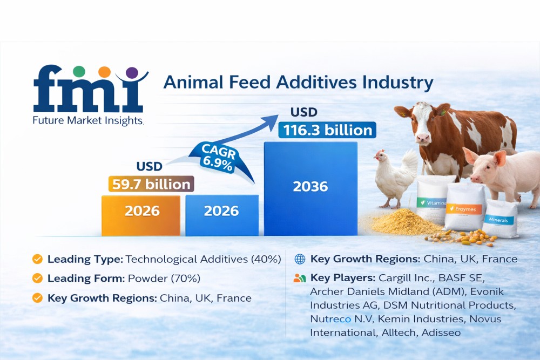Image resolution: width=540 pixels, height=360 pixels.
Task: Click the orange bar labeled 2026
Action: click(141, 215)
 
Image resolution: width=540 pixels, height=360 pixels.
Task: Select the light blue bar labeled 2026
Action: click(222, 215)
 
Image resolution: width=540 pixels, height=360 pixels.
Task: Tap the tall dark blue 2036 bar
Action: click(310, 188)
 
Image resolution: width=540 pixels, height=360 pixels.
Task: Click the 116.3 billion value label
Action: click(327, 130)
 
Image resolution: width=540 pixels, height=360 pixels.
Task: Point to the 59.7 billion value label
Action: click(151, 184)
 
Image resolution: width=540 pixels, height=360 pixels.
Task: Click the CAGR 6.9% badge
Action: click(218, 157)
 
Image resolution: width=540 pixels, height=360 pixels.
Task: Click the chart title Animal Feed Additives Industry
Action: click(298, 82)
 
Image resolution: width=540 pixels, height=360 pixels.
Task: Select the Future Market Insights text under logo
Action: click(88, 120)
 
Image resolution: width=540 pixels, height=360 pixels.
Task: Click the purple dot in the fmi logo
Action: click(132, 73)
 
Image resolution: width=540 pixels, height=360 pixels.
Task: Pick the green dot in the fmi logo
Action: click(79, 71)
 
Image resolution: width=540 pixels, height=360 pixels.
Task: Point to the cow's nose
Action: click(423, 138)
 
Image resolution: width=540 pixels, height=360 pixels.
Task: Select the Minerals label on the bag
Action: click(498, 220)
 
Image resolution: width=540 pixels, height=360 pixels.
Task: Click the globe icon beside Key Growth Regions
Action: click(300, 259)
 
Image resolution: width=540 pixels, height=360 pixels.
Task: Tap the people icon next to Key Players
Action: click(300, 278)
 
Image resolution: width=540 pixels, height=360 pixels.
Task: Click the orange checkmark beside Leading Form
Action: click(37, 278)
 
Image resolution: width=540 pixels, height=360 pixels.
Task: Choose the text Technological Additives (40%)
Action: click(203, 259)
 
